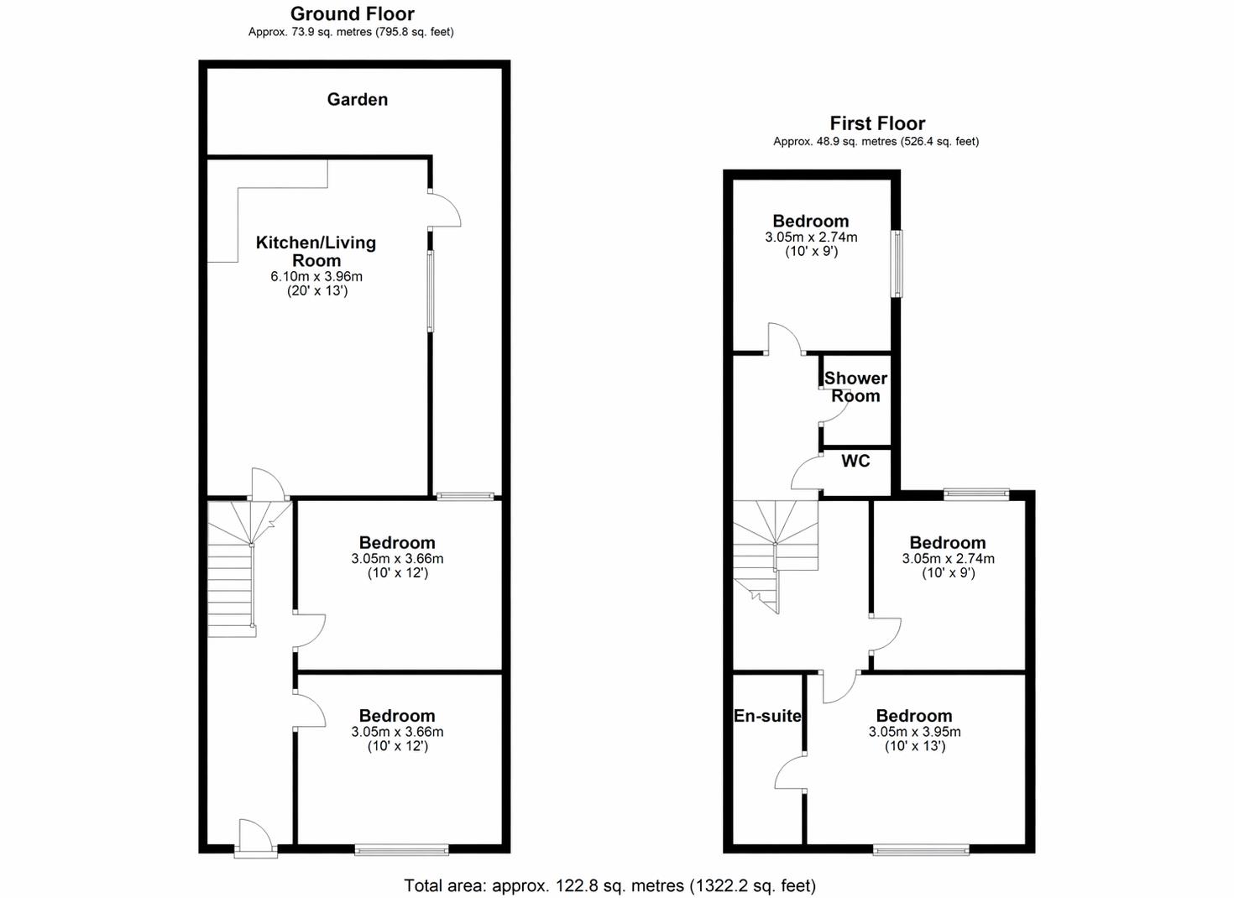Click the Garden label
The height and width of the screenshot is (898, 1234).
[357, 99]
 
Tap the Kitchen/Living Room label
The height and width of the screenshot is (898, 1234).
[316, 251]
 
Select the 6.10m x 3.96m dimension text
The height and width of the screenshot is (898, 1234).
[316, 277]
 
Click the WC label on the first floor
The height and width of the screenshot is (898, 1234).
[855, 461]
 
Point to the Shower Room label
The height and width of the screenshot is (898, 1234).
[855, 387]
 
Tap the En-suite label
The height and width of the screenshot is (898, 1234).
[767, 716]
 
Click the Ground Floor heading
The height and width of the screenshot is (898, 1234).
[353, 13]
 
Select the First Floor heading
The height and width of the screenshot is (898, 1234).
[877, 123]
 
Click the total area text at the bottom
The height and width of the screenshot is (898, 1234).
[609, 886]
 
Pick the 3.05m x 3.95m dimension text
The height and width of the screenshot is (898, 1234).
[914, 732]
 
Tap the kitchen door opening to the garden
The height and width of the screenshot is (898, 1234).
[444, 209]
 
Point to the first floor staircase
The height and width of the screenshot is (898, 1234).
[776, 556]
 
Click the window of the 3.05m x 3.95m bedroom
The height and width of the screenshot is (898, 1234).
[921, 851]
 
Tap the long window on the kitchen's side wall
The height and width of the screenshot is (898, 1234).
[431, 291]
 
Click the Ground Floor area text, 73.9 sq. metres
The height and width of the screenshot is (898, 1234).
[351, 32]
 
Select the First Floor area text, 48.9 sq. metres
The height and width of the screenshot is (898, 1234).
[876, 142]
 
